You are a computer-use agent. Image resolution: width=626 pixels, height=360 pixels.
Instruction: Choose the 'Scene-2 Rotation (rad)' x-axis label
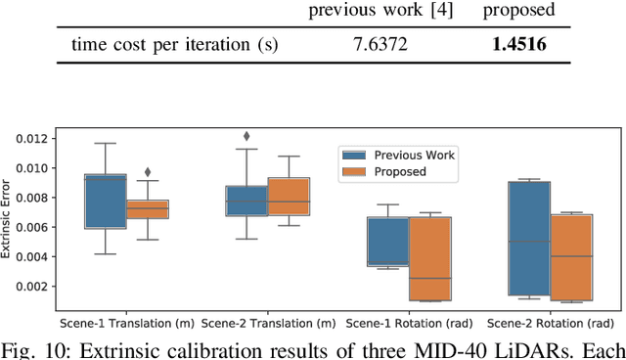coord(551,323)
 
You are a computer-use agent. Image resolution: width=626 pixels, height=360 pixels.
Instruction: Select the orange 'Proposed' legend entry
coord(396,171)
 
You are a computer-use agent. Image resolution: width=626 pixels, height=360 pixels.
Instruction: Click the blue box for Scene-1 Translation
coord(106,201)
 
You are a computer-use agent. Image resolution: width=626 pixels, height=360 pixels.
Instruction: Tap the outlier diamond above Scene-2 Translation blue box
coord(246,137)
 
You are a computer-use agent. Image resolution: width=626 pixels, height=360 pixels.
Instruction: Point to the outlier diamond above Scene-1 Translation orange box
coord(149,172)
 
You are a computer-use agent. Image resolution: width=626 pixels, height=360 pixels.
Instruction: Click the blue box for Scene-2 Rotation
coord(529,238)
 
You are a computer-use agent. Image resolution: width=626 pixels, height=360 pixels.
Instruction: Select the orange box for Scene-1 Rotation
coord(430,258)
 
